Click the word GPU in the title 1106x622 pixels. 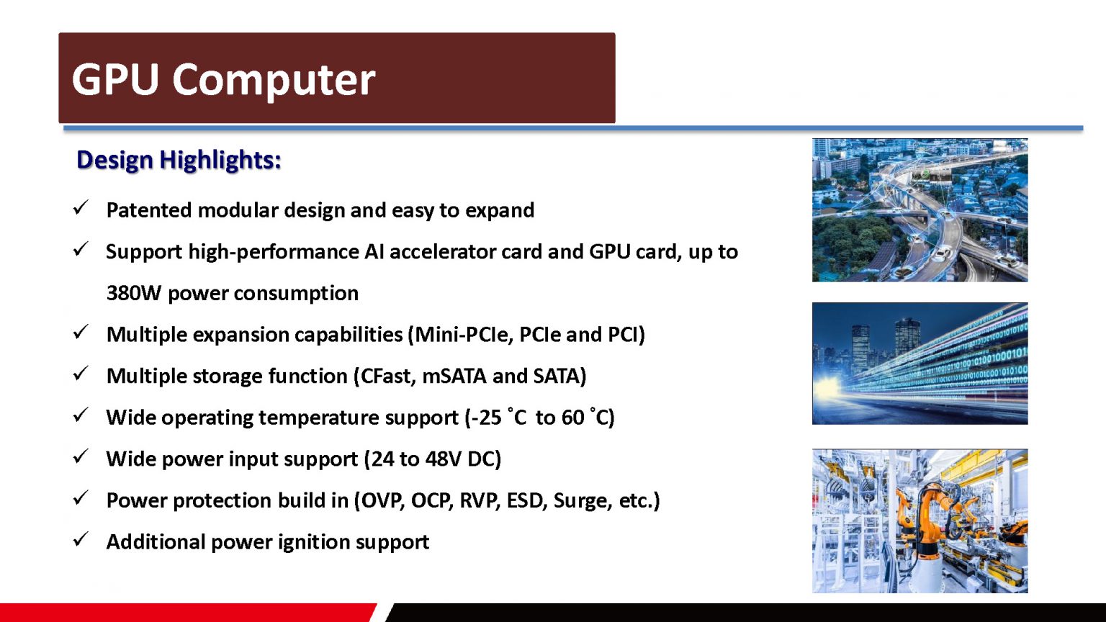pyautogui.click(x=115, y=79)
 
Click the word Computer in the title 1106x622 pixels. pyautogui.click(x=274, y=82)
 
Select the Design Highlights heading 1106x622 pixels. pyautogui.click(x=179, y=161)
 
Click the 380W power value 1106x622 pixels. pyautogui.click(x=134, y=293)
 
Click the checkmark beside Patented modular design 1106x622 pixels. pyautogui.click(x=81, y=208)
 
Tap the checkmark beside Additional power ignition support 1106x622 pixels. pyautogui.click(x=81, y=539)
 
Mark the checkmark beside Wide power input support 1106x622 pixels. pyautogui.click(x=81, y=456)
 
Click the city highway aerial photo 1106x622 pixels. pyautogui.click(x=920, y=210)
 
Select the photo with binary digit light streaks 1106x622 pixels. pyautogui.click(x=920, y=364)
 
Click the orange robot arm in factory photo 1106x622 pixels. pyautogui.click(x=920, y=520)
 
